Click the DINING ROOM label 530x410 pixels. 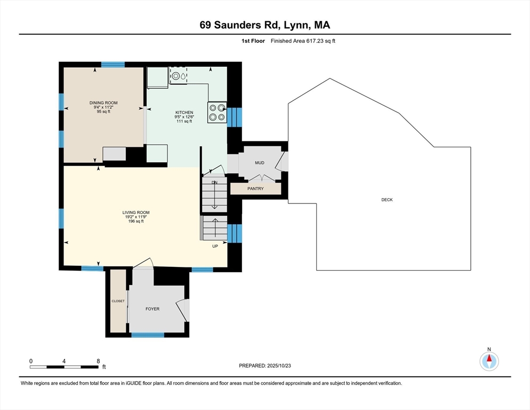[x=103, y=103]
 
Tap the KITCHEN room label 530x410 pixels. [x=184, y=113]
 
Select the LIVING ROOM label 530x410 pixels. [x=136, y=212]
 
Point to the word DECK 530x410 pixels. [x=387, y=200]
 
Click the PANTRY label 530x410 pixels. [x=255, y=188]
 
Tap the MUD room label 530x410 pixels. [x=260, y=163]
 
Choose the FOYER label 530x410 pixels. [x=152, y=309]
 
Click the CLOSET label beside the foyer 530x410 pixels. [x=118, y=301]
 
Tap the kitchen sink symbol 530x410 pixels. [x=178, y=76]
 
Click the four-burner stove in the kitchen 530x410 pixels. [x=217, y=113]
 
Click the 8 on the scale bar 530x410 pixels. [x=98, y=361]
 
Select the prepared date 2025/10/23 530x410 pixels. [x=279, y=366]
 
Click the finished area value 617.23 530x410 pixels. [x=315, y=41]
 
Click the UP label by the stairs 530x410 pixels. [x=215, y=246]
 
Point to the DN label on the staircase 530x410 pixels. [x=215, y=183]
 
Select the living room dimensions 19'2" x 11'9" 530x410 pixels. [x=136, y=217]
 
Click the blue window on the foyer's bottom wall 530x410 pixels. [x=148, y=335]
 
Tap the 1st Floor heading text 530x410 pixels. [x=253, y=41]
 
